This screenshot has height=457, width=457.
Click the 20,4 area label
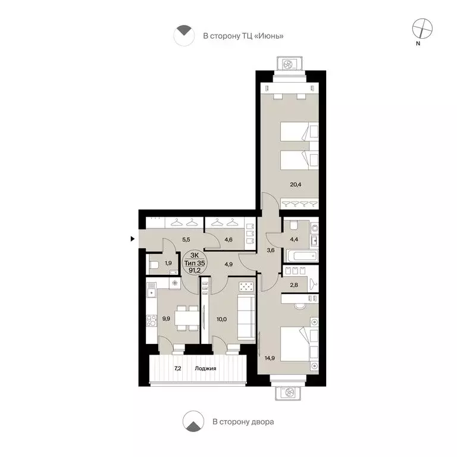pos(296,184)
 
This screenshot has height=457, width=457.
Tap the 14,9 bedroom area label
pos(270,358)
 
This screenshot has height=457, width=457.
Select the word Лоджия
pos(205,368)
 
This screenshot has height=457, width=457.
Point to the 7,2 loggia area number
pos(177,368)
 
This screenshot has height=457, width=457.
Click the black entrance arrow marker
pos(133,239)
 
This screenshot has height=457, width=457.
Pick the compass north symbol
pos(422,29)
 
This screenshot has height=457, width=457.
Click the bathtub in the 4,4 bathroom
pos(302,256)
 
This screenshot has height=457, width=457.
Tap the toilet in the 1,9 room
pos(154,265)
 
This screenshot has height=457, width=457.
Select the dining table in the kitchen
pos(187,318)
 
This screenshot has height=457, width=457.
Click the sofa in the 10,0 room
pos(246,317)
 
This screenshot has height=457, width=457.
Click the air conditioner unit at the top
pos(289,64)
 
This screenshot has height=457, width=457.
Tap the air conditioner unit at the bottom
pos(289,393)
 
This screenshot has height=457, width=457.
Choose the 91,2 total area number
pos(195,270)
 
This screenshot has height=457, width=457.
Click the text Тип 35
pos(195,263)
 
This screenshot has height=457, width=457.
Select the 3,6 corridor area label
pos(271,250)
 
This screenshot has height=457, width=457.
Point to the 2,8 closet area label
pos(294,285)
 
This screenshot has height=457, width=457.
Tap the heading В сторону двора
pos(243,422)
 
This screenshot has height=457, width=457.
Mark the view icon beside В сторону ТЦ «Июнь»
pos(184,35)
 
